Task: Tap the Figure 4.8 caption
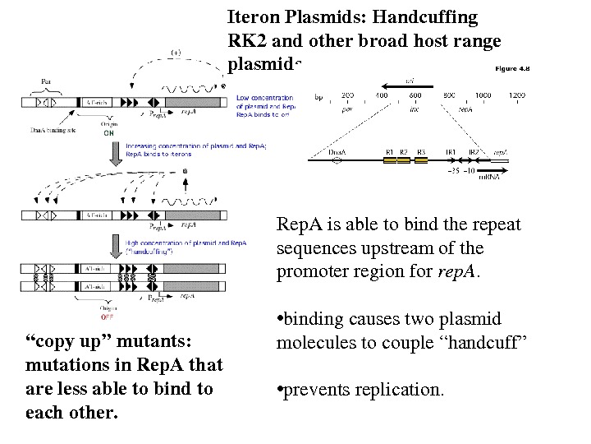tap(512, 69)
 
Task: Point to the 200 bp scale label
tap(347, 95)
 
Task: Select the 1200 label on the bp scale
tap(516, 95)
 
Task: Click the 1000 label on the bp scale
tap(483, 95)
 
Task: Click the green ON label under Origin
tap(108, 132)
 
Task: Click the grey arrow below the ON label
tap(110, 152)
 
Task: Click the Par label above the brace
tap(45, 81)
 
